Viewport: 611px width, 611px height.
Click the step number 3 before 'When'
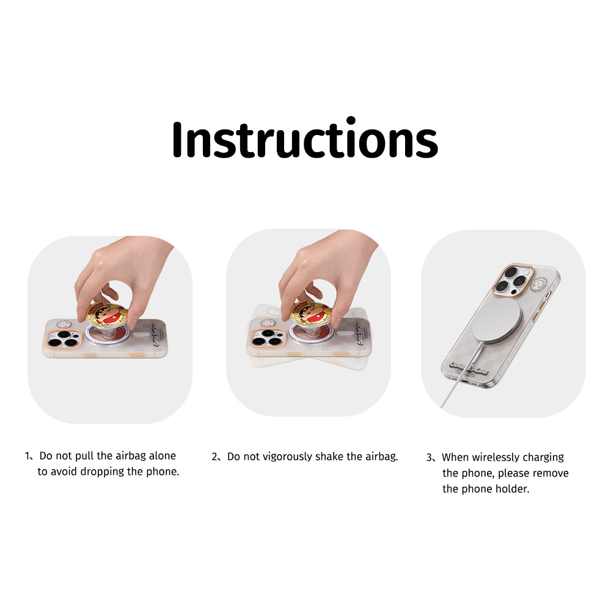coord(429,457)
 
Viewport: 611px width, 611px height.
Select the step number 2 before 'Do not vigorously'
coord(214,457)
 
